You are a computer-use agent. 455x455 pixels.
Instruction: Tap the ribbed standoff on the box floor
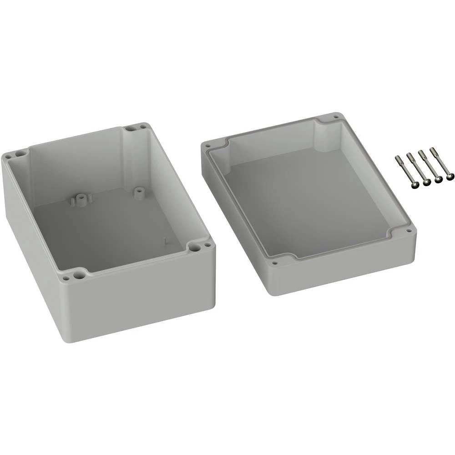coord(81,199)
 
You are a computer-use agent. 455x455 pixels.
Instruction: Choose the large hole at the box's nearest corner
coord(81,273)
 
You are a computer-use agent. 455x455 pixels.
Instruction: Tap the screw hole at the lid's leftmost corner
coord(208,147)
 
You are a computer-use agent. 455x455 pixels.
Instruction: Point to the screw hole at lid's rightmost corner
coord(408,231)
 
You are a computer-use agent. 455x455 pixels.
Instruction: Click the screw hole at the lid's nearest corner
coord(274,263)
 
